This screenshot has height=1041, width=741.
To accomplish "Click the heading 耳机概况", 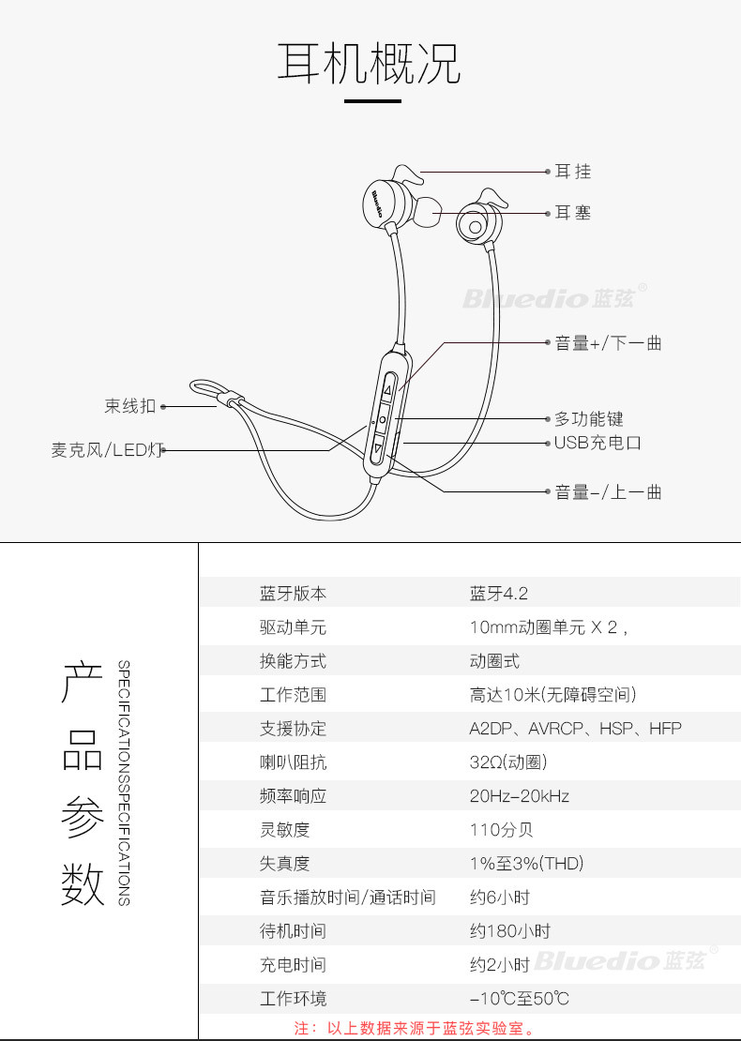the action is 370,64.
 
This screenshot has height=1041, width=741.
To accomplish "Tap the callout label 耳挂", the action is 572,172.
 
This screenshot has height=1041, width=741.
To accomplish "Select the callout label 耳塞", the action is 572,213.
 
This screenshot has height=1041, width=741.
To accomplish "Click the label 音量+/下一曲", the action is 608,343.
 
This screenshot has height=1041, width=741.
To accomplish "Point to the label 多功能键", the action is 588,419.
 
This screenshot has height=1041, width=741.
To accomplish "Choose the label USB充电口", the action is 597,443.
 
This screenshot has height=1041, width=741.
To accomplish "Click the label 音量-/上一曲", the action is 608,491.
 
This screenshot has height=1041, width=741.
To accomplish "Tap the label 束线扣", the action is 129,406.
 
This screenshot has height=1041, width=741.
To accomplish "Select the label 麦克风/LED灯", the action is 107,450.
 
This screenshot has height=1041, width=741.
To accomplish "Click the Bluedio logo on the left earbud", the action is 376,204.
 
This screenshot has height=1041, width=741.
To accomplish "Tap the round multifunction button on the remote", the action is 383,418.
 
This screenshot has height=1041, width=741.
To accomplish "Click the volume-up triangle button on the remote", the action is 388,389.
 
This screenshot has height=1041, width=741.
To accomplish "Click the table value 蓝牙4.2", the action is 499,594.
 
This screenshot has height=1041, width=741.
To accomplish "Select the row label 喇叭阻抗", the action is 293,762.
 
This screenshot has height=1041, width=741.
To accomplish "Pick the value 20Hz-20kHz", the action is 519,796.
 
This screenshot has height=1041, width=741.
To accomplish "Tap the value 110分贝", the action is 501,830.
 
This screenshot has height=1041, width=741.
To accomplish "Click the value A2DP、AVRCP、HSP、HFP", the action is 575,729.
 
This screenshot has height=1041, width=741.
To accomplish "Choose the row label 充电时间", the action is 293,965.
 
